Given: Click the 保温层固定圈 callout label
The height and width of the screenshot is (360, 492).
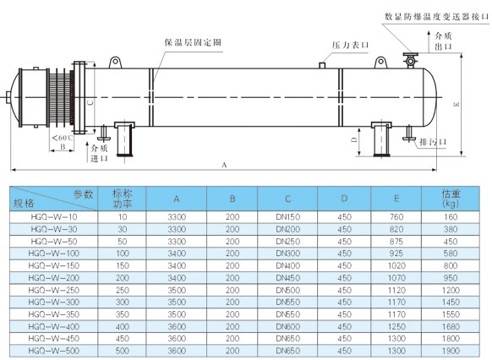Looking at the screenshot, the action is pos(193,42).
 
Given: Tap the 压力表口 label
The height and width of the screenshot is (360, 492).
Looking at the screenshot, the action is pos(350,45).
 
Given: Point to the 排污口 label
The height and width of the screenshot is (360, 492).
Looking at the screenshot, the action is pos(434,142).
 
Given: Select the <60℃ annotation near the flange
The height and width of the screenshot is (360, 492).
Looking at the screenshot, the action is pos(63,138).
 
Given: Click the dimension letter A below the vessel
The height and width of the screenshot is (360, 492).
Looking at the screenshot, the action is pos(224,165).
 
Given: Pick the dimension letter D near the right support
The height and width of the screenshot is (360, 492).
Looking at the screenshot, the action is pos(354,140).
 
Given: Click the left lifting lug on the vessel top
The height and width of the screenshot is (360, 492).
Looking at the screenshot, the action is pos(115,62).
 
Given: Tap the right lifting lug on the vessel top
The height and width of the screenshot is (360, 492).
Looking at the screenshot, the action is pos(381,63).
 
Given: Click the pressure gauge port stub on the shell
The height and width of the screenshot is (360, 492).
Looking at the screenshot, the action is pos(322,65).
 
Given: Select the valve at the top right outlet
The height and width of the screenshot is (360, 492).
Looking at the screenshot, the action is pos(410,60).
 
